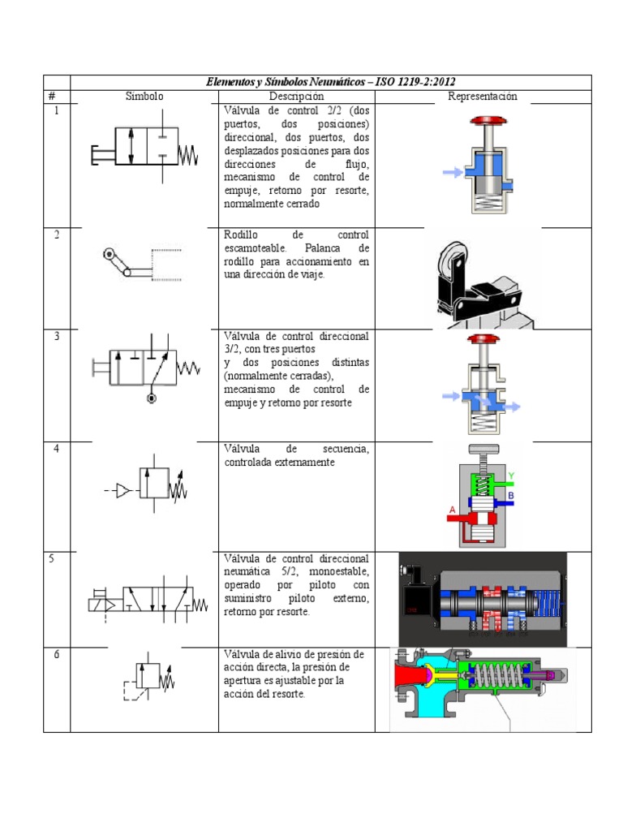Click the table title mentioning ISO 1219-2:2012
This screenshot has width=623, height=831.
click(330, 82)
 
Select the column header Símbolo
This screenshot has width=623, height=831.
click(144, 97)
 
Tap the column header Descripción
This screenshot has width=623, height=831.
click(296, 97)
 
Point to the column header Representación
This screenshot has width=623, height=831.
click(483, 97)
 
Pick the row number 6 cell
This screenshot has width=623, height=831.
click(56, 655)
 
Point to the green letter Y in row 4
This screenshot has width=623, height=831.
click(511, 476)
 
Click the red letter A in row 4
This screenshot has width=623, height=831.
click(452, 510)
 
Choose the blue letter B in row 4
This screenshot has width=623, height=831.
click(511, 494)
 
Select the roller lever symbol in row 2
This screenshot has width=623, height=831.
click(138, 266)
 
